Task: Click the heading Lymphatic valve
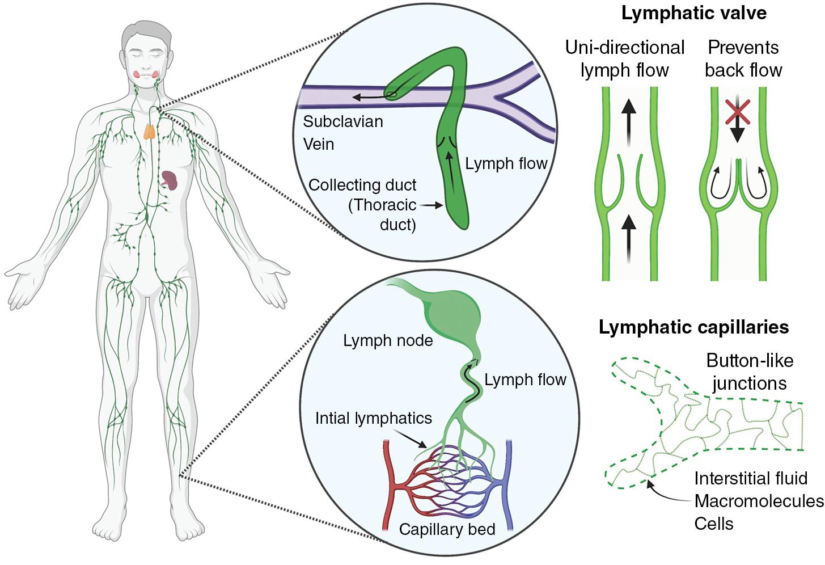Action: [x=693, y=14]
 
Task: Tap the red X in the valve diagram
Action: [x=737, y=112]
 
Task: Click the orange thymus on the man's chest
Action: [x=149, y=131]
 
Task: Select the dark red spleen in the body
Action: [x=169, y=181]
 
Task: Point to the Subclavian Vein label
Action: [x=342, y=133]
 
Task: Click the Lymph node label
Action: [x=388, y=340]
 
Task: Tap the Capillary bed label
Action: [x=447, y=529]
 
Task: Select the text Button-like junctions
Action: [x=749, y=372]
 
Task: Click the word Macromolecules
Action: [x=759, y=501]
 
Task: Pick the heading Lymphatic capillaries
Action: [x=693, y=327]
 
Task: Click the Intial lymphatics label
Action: [x=373, y=418]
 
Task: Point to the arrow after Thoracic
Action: [x=431, y=205]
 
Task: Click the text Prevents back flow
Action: [x=743, y=58]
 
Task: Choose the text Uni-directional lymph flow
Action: [x=624, y=58]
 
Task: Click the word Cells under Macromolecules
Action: [x=713, y=524]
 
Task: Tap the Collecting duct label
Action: [x=362, y=185]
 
